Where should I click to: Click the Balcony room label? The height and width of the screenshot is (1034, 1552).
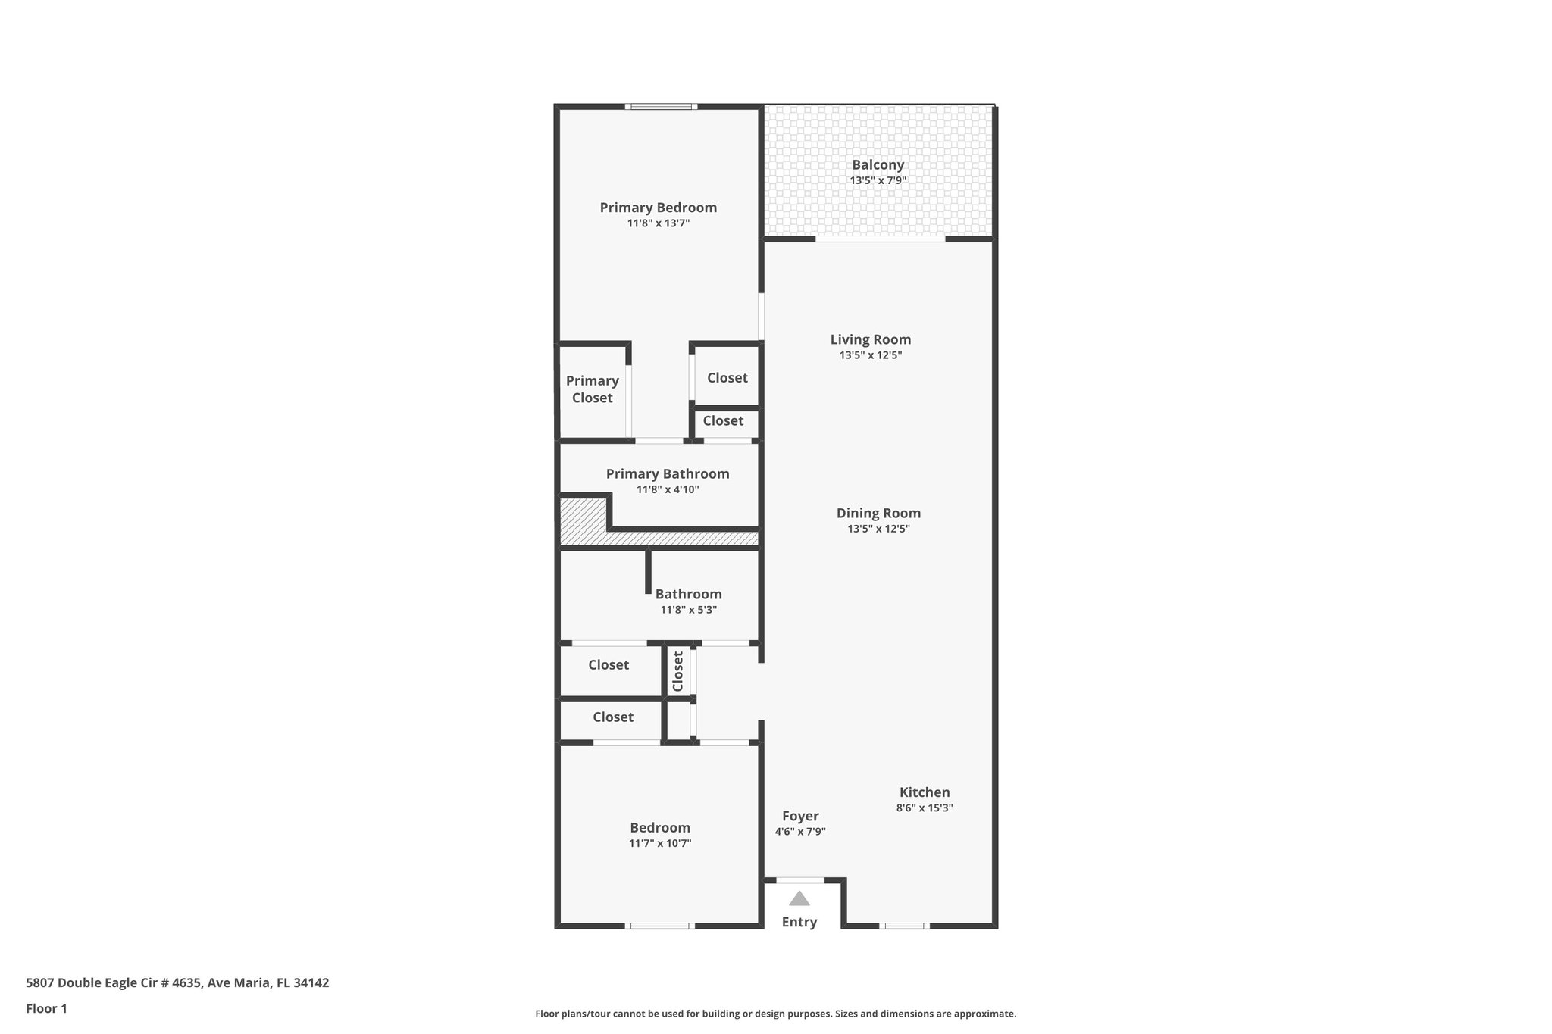click(878, 164)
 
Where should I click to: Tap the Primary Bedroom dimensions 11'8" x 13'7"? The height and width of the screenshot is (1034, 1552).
click(658, 223)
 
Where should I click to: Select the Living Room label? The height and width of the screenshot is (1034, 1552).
click(870, 339)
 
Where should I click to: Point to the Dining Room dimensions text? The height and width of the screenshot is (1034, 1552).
click(878, 529)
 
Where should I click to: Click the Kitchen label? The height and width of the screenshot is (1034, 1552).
click(924, 792)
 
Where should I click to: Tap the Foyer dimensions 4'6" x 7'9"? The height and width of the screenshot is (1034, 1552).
click(799, 831)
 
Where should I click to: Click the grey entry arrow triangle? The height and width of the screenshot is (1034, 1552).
click(799, 899)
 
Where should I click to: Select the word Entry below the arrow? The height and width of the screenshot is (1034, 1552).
click(799, 922)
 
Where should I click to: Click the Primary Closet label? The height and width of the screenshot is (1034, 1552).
click(592, 389)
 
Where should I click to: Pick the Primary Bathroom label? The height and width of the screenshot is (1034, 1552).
click(667, 473)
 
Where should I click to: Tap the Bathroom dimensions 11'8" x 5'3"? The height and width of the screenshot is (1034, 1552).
click(688, 610)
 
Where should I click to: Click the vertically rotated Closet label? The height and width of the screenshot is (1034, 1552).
click(678, 670)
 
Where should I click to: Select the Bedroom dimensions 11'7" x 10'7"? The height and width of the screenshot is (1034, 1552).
click(659, 843)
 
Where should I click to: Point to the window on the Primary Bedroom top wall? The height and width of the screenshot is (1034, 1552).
click(661, 106)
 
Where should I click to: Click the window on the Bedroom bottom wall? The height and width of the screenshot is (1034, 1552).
click(659, 926)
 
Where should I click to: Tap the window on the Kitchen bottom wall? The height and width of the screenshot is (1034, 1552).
click(904, 926)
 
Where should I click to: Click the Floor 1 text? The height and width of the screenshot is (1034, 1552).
click(46, 1008)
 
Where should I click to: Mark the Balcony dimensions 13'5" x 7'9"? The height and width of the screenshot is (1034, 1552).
click(878, 180)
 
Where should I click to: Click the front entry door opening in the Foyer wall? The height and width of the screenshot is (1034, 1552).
click(800, 880)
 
